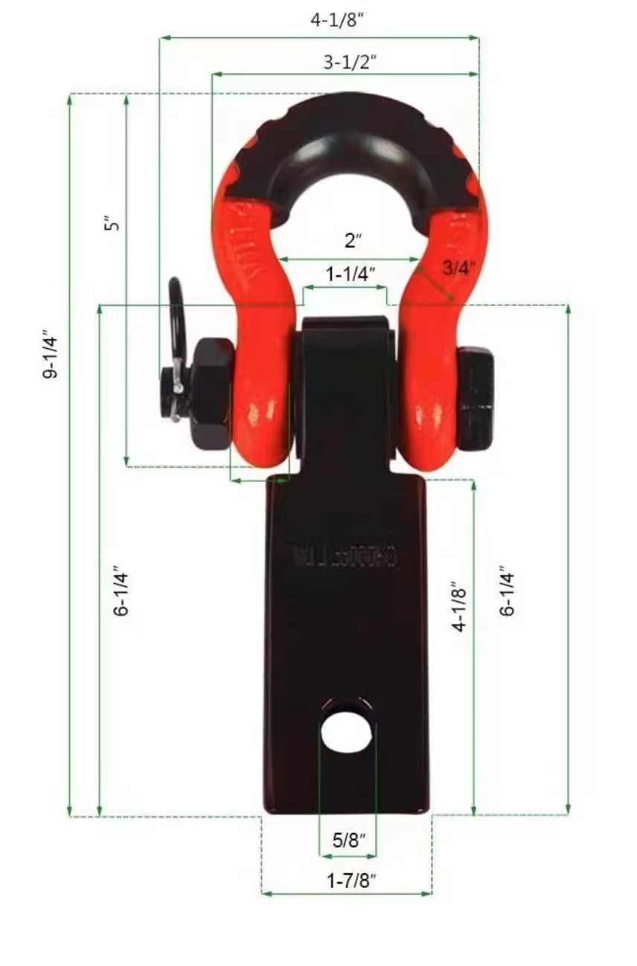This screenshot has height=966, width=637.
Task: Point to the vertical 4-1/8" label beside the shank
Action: point(461,606)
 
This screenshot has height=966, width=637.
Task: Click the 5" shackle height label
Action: point(112,223)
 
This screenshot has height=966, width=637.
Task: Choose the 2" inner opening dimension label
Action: point(353,242)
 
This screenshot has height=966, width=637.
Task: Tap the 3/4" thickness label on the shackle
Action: point(458,268)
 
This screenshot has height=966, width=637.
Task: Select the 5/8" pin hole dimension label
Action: point(349,840)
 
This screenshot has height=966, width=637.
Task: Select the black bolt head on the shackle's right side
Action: point(476,398)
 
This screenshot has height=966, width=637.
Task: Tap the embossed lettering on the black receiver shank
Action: point(345,557)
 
